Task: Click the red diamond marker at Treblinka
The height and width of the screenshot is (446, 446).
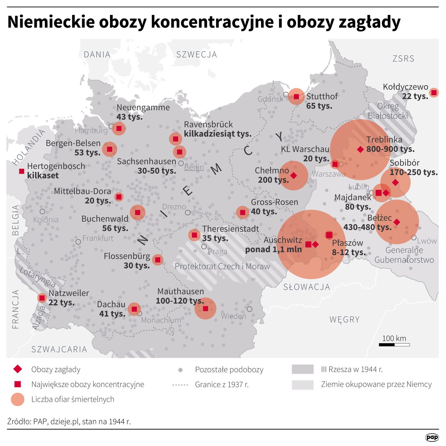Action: pos(360,149)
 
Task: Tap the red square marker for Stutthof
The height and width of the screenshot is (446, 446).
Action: pos(296,97)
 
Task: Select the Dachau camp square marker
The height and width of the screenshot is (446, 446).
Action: pos(134,309)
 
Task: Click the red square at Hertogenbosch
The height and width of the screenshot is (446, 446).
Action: pos(22,171)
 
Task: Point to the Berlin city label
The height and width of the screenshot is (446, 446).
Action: pos(194,167)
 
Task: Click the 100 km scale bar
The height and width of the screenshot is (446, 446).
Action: pos(394,344)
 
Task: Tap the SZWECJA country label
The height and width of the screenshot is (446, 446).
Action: pos(197,55)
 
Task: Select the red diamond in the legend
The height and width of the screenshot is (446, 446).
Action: pos(18,369)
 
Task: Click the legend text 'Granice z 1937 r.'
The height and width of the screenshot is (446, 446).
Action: pos(222,384)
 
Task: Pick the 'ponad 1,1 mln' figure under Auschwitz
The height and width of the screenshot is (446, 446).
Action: pos(273,249)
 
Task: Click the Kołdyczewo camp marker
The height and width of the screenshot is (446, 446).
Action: pos(434,92)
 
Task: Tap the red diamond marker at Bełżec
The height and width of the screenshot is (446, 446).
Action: pos(397,222)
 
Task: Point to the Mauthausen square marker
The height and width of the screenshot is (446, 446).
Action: pos(205,308)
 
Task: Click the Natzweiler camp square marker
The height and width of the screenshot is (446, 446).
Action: pos(42,298)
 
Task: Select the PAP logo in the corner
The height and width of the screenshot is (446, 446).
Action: pos(432,437)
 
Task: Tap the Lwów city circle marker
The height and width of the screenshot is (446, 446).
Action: pos(414,238)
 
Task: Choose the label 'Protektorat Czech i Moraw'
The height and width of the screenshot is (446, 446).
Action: pos(222,266)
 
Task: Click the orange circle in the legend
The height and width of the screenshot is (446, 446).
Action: pos(18,399)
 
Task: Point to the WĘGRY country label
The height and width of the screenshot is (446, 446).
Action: pos(344,319)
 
